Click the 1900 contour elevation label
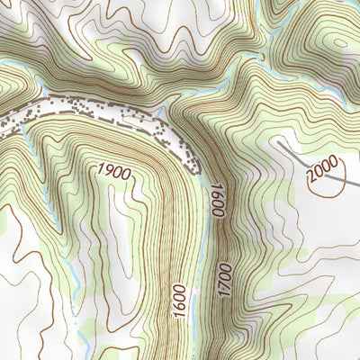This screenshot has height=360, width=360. point(114,170)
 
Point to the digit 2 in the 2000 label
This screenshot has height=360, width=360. point(310,184)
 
